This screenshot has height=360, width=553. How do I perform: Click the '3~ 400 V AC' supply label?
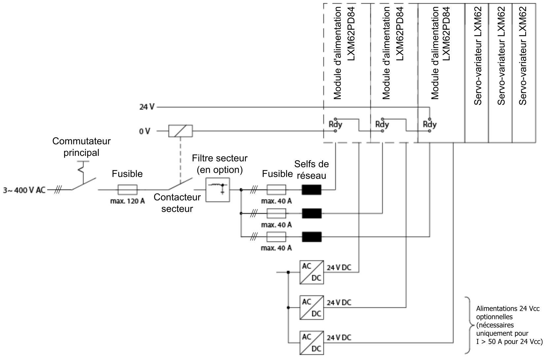pos(24,190)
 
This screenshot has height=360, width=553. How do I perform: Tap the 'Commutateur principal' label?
pos(81,147)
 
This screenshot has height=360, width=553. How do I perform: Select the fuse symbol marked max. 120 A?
pos(128,190)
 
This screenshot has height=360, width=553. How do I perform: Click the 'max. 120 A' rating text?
pos(128,201)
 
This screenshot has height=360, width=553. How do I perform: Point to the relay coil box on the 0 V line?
pos(180,131)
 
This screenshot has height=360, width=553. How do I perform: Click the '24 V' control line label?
pos(147,107)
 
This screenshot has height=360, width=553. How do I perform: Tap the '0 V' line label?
pos(145,131)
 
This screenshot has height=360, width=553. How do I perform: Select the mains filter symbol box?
pos(217,190)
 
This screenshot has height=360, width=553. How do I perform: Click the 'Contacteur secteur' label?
pos(177,203)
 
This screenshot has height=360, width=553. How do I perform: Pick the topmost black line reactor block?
pos(312,190)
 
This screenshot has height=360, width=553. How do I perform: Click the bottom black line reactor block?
pos(312,237)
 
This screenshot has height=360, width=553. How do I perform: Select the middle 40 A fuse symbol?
pos(276,213)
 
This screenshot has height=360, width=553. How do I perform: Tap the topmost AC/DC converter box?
pos(312,272)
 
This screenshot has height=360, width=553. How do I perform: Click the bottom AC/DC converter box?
pos(312,343)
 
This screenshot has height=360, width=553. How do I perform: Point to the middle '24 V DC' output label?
pos(339,303)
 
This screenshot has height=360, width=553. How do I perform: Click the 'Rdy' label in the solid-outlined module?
pos(429,125)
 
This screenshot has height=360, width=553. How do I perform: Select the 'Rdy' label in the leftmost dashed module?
pos(335,125)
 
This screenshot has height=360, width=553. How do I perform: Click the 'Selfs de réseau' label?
pos(311,170)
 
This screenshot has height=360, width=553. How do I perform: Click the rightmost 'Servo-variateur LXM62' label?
pos(523,56)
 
